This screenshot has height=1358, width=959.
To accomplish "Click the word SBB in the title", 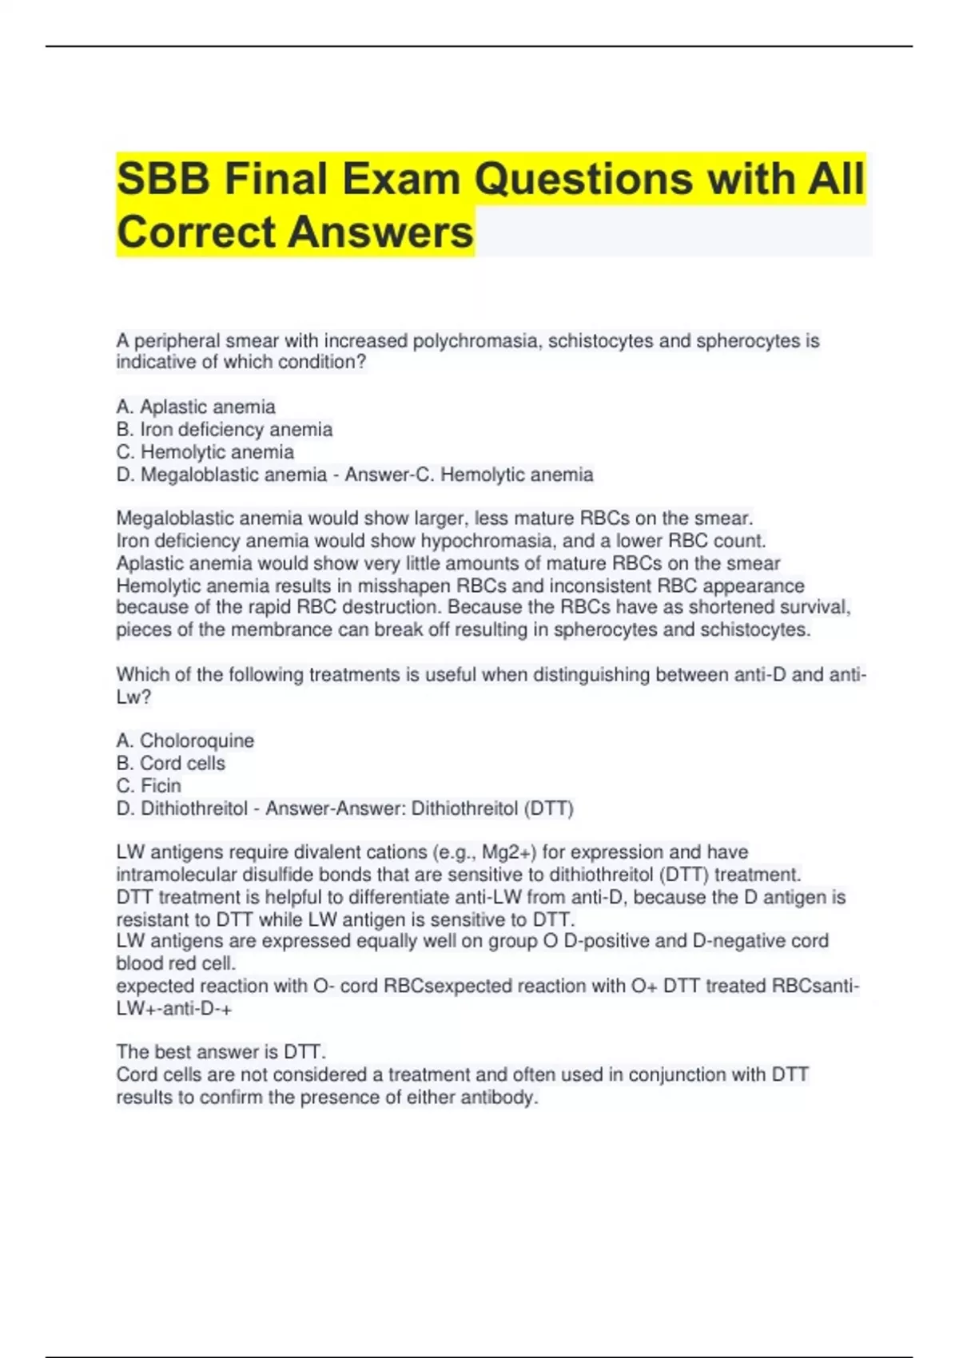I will click(164, 178).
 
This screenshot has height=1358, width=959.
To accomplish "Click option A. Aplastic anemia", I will click(196, 407).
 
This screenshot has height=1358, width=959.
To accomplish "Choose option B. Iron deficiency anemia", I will click(225, 429).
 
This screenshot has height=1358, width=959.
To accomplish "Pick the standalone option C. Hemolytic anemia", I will click(205, 452).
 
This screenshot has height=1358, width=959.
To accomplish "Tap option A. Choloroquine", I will click(185, 741).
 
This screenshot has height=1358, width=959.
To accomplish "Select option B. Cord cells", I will click(171, 763).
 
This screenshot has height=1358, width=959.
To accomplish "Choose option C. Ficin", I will click(149, 785).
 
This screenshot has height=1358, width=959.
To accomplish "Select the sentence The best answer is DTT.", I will click(221, 1051).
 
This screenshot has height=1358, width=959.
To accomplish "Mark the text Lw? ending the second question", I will click(133, 697).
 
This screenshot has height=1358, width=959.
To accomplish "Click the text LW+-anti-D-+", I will click(174, 1008).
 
